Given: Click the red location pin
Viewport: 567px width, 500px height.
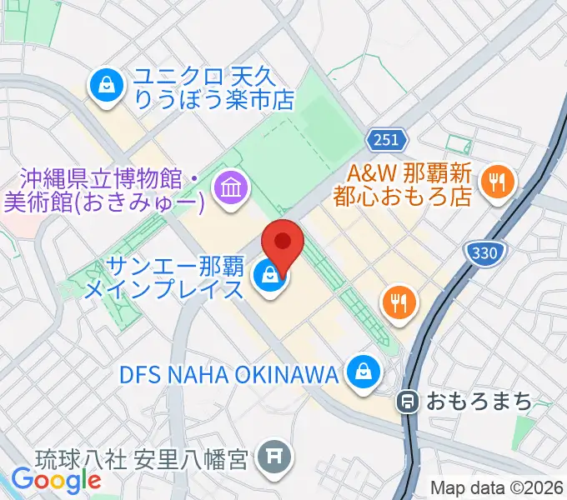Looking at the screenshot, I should point(283,243).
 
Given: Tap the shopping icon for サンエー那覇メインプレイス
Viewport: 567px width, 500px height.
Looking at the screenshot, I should point(268,274).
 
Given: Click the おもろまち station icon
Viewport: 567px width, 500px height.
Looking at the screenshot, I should point(408,401).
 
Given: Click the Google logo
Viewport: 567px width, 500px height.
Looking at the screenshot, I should point(56,479).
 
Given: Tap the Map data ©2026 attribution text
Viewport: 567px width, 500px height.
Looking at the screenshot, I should point(496,488).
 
